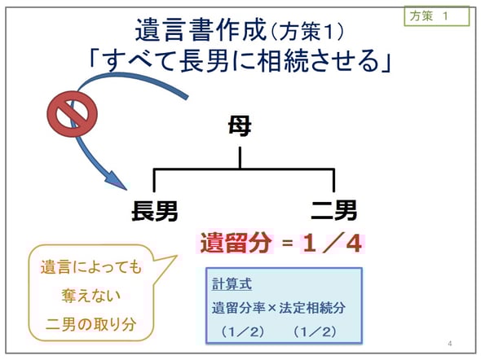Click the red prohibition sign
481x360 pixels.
coord(72,114)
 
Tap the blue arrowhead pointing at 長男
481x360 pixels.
coord(116,180)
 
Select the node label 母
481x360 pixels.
coord(240,125)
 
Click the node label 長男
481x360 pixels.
coord(155,211)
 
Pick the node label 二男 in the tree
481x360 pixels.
coord(334,210)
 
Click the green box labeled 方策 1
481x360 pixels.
coord(436,16)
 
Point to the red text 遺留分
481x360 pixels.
coord(236,243)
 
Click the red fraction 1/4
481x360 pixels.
coord(333,244)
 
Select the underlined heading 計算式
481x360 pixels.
coord(232,284)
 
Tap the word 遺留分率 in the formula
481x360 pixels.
coord(238,308)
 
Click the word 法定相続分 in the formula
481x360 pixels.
coord(312,308)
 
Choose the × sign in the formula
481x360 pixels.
coord(271,308)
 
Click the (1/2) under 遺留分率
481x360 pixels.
coord(242,331)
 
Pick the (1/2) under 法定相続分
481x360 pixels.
coord(315,331)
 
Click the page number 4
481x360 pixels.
coord(450,344)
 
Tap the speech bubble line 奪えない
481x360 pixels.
coord(91,296)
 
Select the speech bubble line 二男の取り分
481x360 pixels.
coord(91,324)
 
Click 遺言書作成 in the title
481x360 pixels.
coord(201,29)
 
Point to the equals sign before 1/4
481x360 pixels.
coord(288,244)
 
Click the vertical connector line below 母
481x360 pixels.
coord(240,157)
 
